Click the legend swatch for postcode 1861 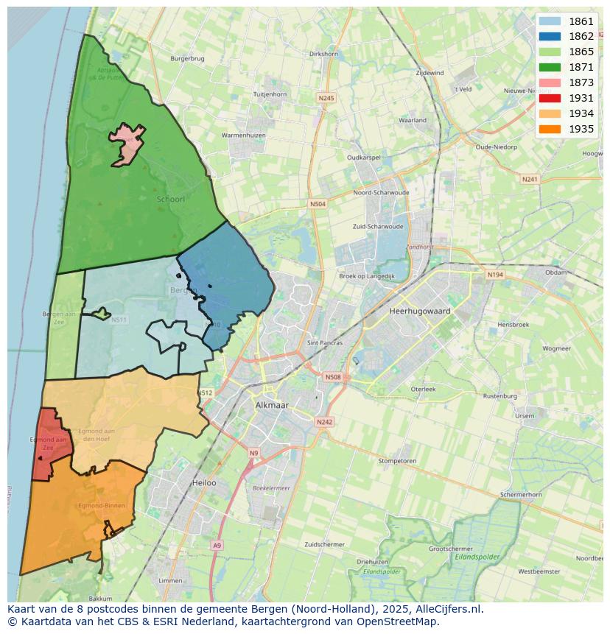click(x=549, y=21)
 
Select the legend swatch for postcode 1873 click(x=549, y=82)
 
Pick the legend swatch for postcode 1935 click(x=549, y=129)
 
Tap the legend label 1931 click(x=581, y=98)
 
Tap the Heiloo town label click(x=203, y=483)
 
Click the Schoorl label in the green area click(x=170, y=199)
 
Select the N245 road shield click(x=326, y=98)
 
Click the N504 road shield click(x=318, y=204)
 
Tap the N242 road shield click(x=324, y=422)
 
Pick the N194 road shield click(x=495, y=275)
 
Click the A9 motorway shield click(x=216, y=545)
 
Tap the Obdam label click(x=556, y=272)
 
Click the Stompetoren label click(x=397, y=461)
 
